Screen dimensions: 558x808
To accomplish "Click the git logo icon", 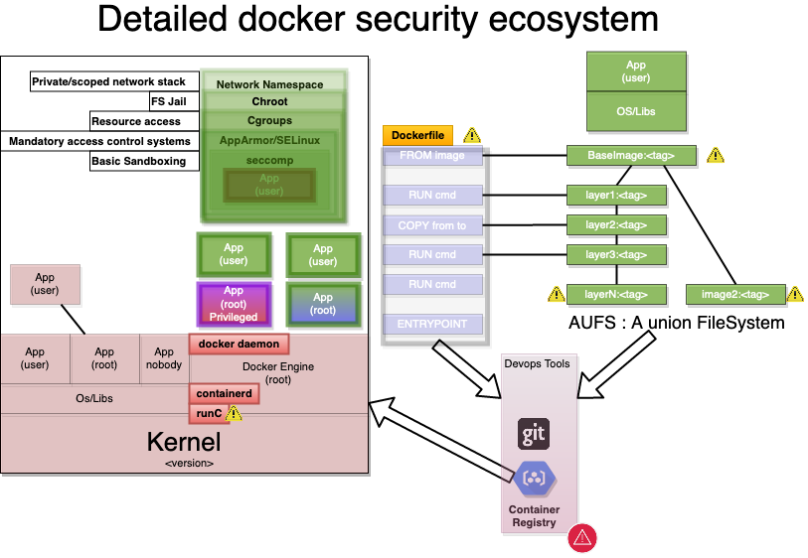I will pyautogui.click(x=534, y=434).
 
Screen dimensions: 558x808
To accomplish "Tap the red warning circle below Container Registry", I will pyautogui.click(x=581, y=538).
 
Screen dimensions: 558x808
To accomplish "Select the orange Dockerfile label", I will pyautogui.click(x=418, y=136).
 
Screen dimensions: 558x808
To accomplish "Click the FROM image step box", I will pyautogui.click(x=432, y=156).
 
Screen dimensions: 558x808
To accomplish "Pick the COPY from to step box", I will pyautogui.click(x=432, y=225).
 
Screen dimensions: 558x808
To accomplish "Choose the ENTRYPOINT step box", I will pyautogui.click(x=432, y=324).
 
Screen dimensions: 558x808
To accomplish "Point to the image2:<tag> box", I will pyautogui.click(x=734, y=294).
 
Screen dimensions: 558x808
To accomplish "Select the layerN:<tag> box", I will pyautogui.click(x=616, y=294).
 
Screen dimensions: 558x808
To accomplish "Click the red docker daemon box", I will pyautogui.click(x=240, y=345).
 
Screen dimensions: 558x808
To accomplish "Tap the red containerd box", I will pyautogui.click(x=224, y=394).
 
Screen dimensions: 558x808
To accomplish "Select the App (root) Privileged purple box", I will pyautogui.click(x=234, y=304).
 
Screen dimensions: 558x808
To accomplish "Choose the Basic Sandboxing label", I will pyautogui.click(x=138, y=161).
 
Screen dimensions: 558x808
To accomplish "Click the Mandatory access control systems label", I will pyautogui.click(x=99, y=141).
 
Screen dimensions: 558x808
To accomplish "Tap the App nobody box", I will pyautogui.click(x=164, y=358).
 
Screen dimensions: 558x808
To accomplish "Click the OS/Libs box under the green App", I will pyautogui.click(x=636, y=111).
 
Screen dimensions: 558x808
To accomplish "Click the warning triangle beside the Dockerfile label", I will pyautogui.click(x=471, y=136).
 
